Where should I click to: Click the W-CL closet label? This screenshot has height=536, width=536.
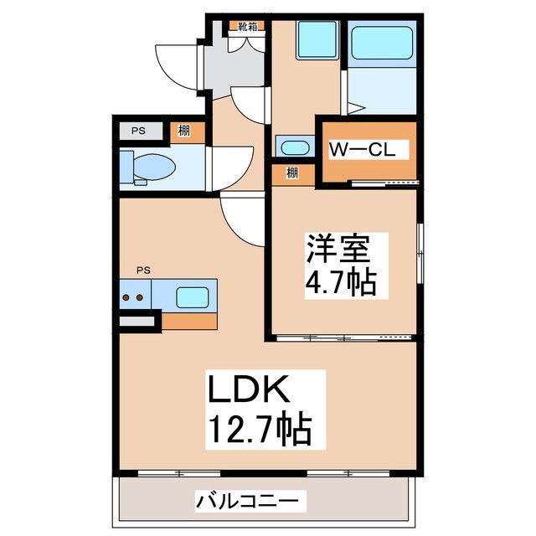tap(367, 151)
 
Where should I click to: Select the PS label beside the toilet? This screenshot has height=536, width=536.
tap(137, 131)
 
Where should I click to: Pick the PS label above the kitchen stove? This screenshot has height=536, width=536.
tap(143, 270)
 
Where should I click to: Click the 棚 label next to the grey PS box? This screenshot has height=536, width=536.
tap(182, 131)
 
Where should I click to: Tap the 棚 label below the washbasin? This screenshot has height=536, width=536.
tap(291, 173)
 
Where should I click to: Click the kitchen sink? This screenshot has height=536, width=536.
tap(192, 296)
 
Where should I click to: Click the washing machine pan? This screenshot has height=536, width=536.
tap(317, 39)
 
